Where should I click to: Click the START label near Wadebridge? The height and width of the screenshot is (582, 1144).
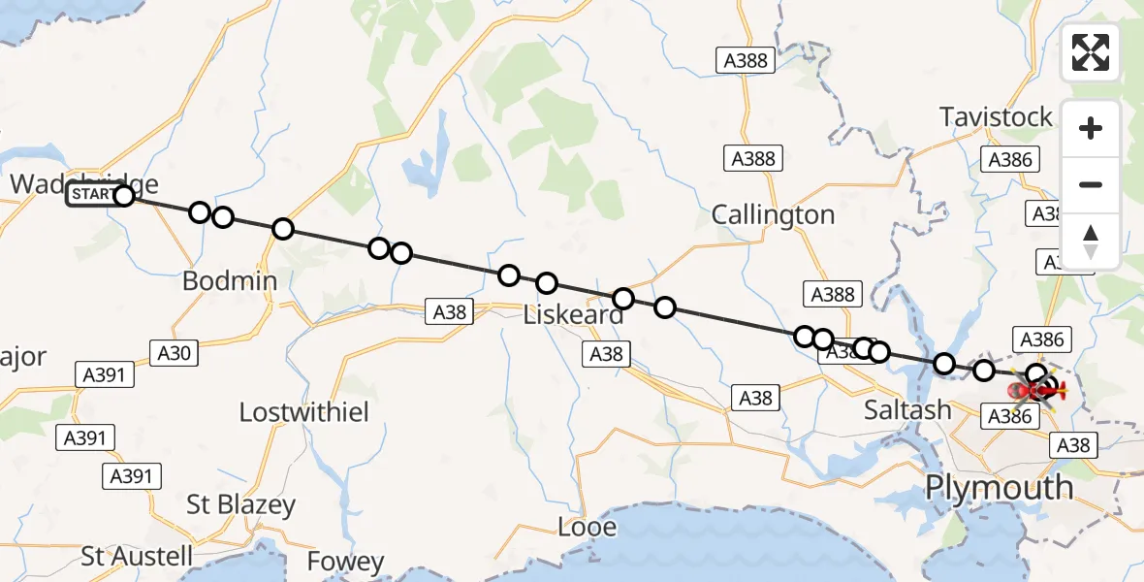91,196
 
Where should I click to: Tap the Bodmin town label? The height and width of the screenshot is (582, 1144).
229,281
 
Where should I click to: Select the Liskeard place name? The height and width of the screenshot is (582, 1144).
573,315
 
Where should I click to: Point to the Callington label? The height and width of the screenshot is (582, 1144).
773,214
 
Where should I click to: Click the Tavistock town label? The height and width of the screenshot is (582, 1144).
996,117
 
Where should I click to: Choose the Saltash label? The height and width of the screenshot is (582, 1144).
907,410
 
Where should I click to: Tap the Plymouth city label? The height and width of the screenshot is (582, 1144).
999,487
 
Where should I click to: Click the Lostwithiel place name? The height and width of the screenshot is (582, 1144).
304,411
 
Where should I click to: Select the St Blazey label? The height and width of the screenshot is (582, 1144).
240,505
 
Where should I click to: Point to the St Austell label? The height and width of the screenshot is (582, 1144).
137,556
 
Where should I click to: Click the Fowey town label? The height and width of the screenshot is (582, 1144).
345,561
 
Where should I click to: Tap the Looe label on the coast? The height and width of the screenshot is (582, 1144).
588,527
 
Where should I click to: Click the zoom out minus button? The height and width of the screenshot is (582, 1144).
1091,185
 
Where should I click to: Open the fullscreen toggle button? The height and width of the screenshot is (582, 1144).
1091,52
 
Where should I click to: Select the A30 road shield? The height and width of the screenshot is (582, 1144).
175,353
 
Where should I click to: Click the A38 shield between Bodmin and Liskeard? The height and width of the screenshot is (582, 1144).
450,312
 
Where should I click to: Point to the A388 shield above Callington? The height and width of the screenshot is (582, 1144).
752,159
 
